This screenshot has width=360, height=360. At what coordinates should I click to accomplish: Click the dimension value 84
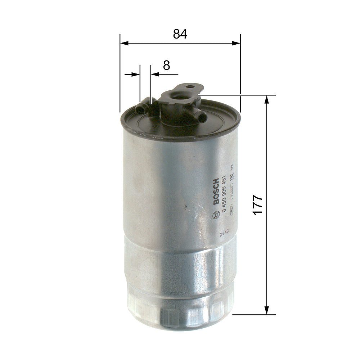(x=180, y=34)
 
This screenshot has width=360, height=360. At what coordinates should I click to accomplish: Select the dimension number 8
(x=166, y=65)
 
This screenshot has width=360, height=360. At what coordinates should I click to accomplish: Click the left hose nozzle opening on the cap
(x=138, y=108)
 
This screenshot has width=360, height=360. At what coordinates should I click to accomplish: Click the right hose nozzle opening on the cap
(x=203, y=117)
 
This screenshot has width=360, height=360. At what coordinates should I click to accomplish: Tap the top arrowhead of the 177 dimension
(x=267, y=100)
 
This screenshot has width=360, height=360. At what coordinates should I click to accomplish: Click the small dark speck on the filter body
(x=185, y=207)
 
